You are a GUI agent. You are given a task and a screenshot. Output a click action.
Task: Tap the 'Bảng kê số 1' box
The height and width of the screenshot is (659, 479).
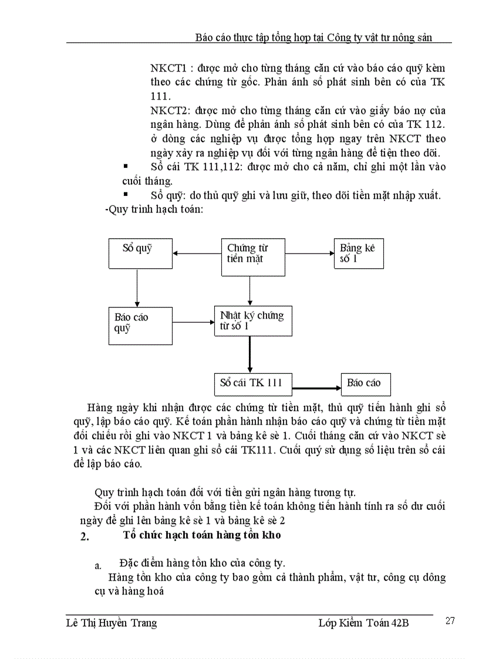(x=359, y=253)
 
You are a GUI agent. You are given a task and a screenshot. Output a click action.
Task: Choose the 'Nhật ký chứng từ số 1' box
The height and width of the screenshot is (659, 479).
(x=252, y=320)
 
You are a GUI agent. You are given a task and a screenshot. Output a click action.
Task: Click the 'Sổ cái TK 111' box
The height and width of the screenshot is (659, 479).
(x=251, y=384)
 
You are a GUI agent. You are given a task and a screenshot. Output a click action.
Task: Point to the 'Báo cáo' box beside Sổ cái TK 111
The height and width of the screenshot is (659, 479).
(x=366, y=384)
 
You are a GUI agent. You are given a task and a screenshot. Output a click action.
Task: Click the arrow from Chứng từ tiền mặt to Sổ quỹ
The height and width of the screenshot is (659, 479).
(x=197, y=254)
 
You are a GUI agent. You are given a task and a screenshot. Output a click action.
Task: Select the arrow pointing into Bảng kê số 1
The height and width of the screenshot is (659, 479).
(x=309, y=254)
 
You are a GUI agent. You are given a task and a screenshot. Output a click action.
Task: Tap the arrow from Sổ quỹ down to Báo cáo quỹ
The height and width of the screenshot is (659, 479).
(x=136, y=288)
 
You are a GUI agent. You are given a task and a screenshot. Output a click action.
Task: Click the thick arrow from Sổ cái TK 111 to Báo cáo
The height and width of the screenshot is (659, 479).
(x=317, y=388)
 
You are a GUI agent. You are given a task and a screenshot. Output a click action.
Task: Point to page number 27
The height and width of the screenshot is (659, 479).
(x=450, y=621)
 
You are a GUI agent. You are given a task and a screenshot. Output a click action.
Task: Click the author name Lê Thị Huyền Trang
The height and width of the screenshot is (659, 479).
(x=112, y=623)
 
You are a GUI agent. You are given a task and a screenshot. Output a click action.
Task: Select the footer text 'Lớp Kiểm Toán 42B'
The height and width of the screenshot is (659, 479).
(x=359, y=623)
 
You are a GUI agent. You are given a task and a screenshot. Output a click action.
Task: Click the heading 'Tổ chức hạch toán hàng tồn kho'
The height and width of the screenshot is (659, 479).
(x=202, y=535)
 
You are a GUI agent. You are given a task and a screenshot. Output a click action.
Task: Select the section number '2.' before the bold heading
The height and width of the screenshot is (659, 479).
(x=84, y=536)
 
